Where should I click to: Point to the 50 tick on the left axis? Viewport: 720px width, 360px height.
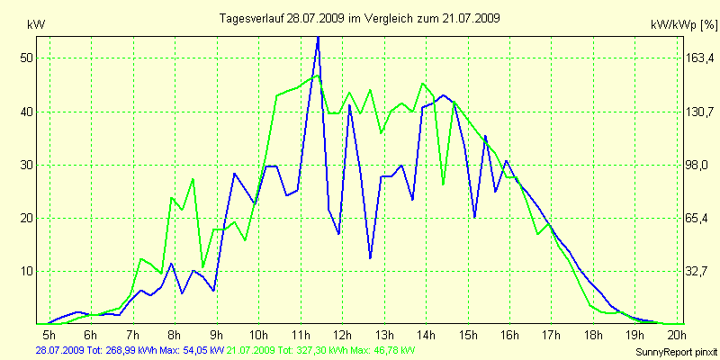[26, 58]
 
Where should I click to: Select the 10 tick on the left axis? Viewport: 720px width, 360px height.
[26, 271]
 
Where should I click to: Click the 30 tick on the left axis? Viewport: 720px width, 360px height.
[26, 165]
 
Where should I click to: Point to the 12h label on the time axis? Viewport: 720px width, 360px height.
[341, 336]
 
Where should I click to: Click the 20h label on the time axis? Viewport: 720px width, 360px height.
[676, 336]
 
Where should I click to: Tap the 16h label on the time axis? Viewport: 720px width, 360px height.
[508, 336]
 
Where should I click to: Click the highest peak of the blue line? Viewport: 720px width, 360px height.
[318, 38]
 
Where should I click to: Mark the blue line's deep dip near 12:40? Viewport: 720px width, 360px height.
[370, 258]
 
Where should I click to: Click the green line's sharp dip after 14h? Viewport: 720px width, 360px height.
[444, 184]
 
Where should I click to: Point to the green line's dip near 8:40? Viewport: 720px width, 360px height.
[203, 266]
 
